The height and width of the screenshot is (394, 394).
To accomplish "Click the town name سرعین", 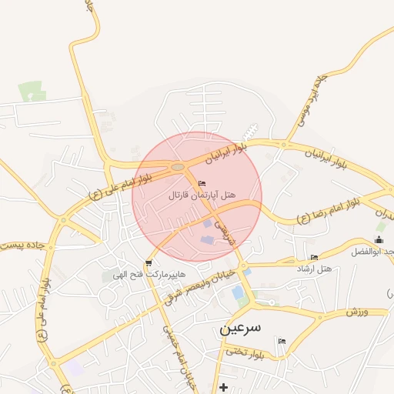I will (x=241, y=327).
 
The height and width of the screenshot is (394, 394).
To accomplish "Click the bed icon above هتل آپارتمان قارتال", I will (x=202, y=183).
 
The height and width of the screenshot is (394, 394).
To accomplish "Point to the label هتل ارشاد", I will (x=313, y=269).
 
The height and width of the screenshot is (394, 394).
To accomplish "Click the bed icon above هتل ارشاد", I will (x=313, y=257).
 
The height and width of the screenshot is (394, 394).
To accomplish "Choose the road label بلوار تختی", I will (x=245, y=352).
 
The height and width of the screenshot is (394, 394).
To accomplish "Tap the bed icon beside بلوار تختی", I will (x=281, y=341).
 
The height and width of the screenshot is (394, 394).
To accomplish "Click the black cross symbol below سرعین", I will (x=223, y=386).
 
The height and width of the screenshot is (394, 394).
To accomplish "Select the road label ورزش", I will (x=357, y=310).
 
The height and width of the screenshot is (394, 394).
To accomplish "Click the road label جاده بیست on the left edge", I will (x=23, y=245).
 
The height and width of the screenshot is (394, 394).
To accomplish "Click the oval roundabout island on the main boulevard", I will (x=178, y=166).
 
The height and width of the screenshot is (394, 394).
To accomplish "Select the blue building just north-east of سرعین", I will (x=238, y=292).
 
